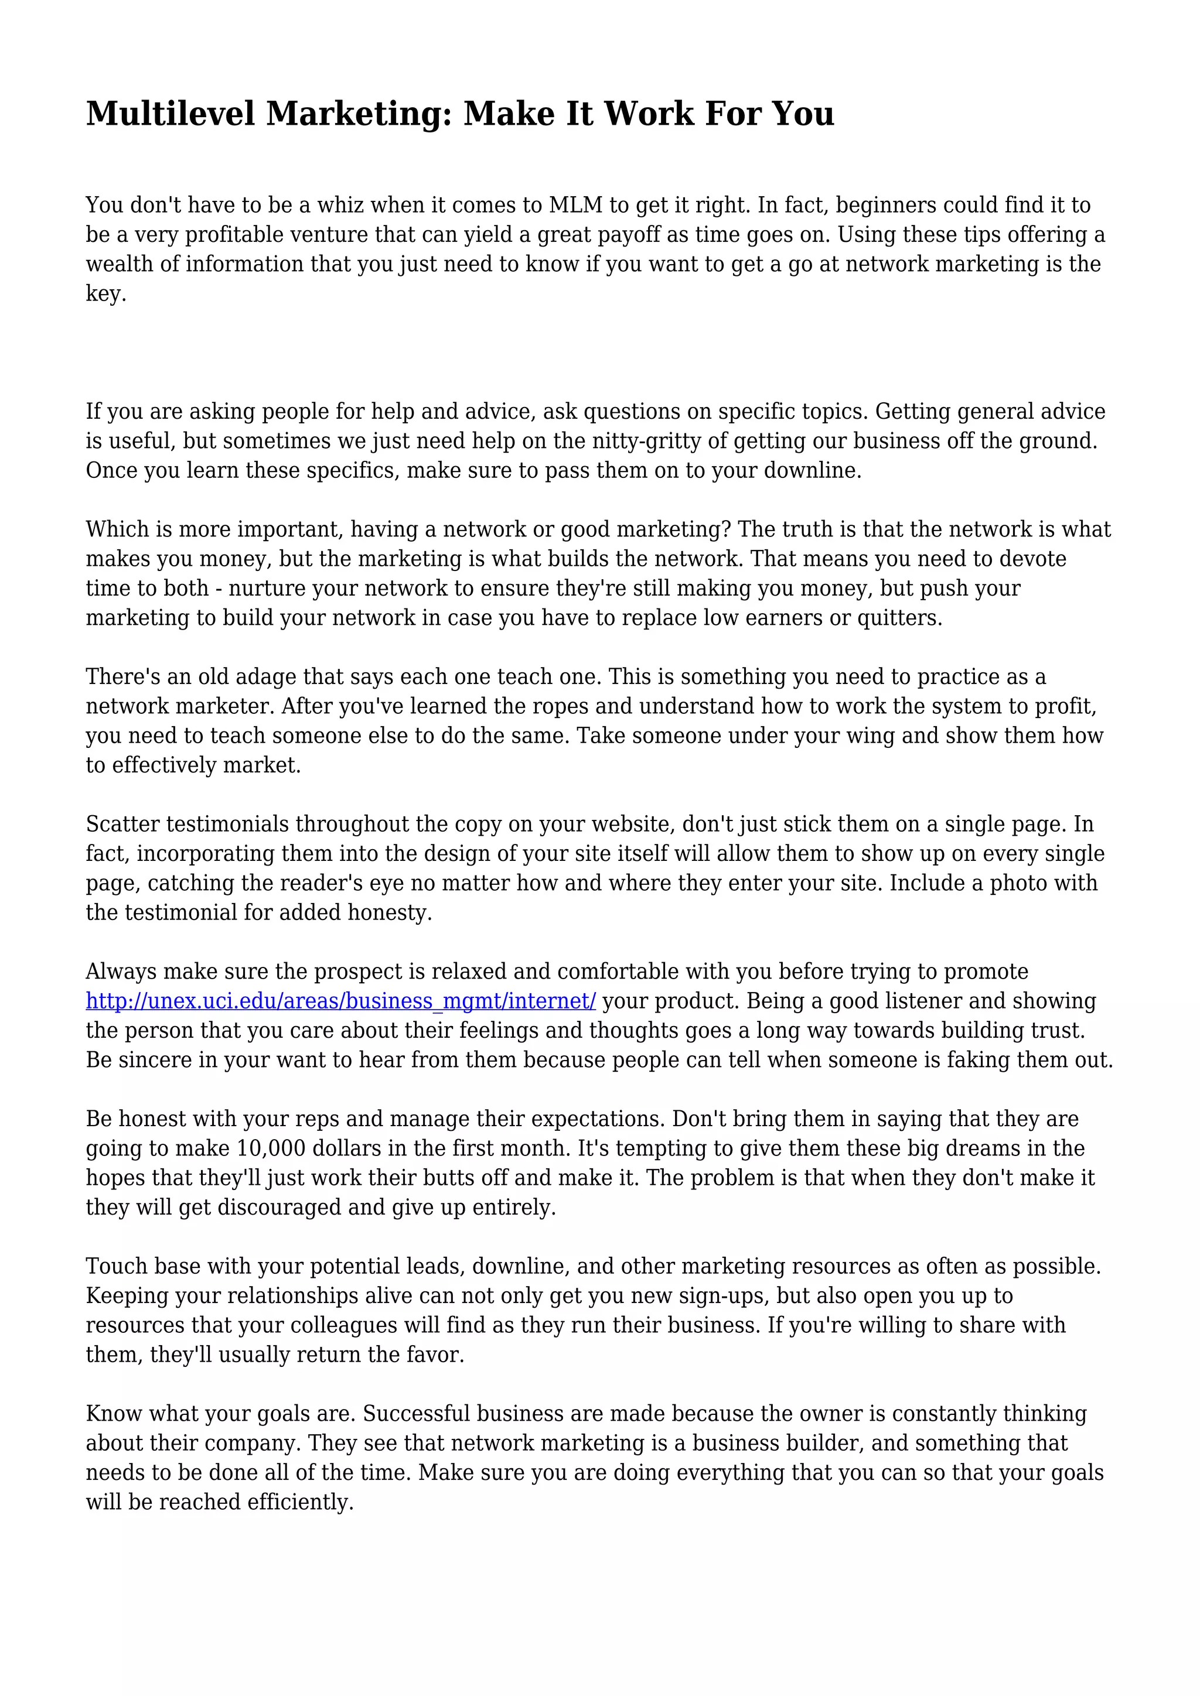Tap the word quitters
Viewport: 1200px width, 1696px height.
point(899,618)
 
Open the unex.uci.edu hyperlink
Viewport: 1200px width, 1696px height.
point(340,1001)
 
